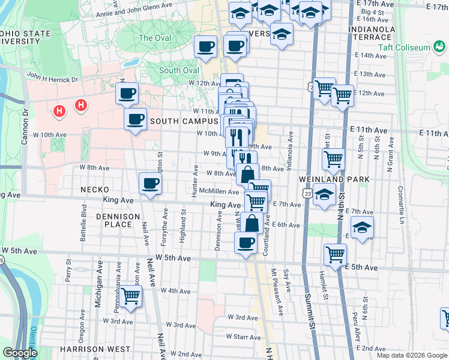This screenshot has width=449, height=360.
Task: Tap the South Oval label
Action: tap(179, 70)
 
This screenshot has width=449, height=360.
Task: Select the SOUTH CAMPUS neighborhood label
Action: tap(184, 121)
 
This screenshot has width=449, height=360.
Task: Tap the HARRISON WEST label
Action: tap(95, 349)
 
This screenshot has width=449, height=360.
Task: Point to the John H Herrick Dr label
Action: tap(52, 77)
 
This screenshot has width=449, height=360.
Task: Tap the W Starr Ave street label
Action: tap(243, 337)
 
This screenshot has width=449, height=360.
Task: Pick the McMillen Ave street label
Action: tap(219, 191)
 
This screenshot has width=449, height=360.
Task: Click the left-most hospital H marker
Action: tap(59, 110)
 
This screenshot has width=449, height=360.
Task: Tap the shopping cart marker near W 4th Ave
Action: tap(130, 295)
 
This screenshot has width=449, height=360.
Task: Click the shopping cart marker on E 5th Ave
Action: tap(335, 253)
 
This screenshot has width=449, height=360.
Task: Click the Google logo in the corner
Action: tap(19, 353)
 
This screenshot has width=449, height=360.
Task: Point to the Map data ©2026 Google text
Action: tap(412, 355)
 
